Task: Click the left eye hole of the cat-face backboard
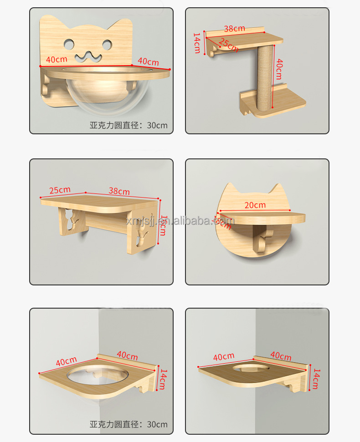pyautogui.click(x=68, y=44)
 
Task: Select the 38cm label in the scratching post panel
pyautogui.click(x=234, y=28)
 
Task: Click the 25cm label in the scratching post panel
pyautogui.click(x=228, y=45)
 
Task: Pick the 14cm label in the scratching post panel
pyautogui.click(x=197, y=42)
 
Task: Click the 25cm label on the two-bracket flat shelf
pyautogui.click(x=60, y=190)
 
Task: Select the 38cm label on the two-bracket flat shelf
pyautogui.click(x=119, y=192)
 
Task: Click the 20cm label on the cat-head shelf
pyautogui.click(x=255, y=205)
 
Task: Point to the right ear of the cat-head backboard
pyautogui.click(x=275, y=189)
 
